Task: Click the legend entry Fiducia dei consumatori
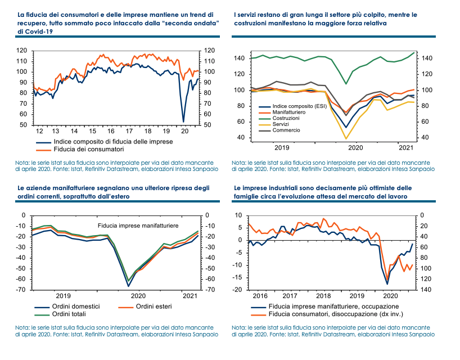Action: tap(89, 150)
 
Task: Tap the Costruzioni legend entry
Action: tap(286, 118)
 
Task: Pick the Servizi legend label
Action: tap(281, 124)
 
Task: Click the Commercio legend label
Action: tap(286, 130)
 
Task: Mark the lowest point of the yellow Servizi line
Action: tap(346, 138)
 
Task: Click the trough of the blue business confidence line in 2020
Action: tap(183, 121)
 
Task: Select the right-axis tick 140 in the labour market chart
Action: tap(426, 290)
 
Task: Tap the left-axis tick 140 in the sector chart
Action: tap(238, 58)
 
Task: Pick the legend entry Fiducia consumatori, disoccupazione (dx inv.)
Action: tap(333, 314)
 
